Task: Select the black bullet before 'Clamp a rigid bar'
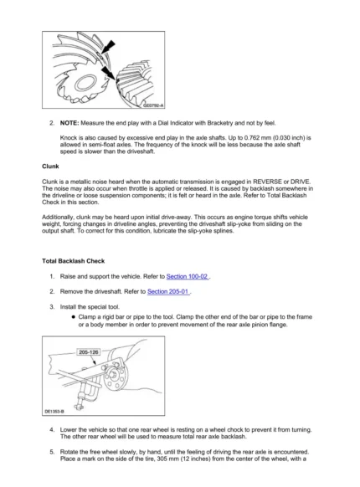pos(73,319)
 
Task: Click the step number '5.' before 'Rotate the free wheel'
pos(53,451)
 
